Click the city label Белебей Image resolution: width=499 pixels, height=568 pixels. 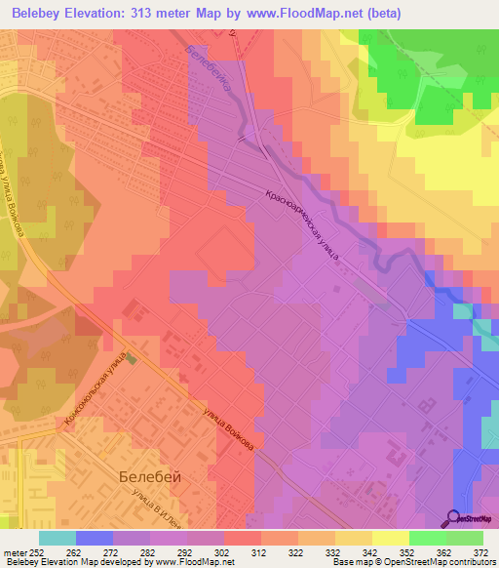coord(149,477)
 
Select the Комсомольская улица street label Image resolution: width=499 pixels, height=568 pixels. coord(96,387)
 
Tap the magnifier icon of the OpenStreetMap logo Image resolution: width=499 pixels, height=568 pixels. coord(453,517)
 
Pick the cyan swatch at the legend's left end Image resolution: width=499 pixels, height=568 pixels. coord(58,538)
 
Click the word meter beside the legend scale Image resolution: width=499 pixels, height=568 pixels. coord(14,551)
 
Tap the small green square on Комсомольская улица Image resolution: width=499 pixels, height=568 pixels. coord(133,358)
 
